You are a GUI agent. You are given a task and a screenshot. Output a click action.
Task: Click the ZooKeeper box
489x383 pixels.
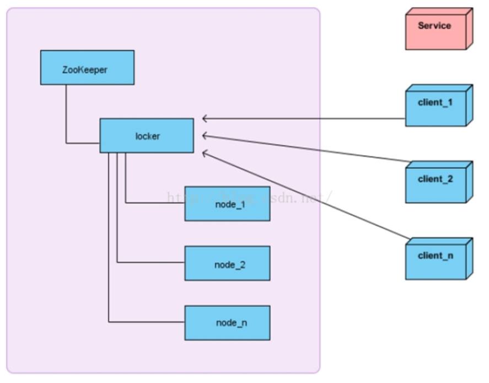click(87, 67)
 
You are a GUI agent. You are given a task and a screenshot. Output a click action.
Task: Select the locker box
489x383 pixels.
click(147, 136)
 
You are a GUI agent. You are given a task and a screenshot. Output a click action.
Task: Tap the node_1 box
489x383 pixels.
click(227, 204)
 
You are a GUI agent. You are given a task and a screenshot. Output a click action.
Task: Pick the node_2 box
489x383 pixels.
click(227, 263)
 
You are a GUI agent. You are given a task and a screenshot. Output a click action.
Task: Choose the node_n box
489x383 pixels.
click(227, 323)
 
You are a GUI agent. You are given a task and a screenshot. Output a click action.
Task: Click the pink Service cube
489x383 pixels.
click(439, 29)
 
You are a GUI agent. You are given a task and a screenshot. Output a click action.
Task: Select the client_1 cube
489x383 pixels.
click(439, 105)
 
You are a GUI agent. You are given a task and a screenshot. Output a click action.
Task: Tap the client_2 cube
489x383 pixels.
click(439, 182)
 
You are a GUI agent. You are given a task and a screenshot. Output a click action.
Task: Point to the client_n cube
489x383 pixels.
click(439, 259)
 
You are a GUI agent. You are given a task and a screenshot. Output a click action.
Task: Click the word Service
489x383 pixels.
click(434, 25)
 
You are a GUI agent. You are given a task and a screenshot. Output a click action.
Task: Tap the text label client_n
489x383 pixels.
click(436, 256)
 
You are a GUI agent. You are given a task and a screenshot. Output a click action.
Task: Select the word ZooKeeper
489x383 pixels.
click(85, 70)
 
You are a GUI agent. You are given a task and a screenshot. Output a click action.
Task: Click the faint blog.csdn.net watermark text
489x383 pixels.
click(250, 197)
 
